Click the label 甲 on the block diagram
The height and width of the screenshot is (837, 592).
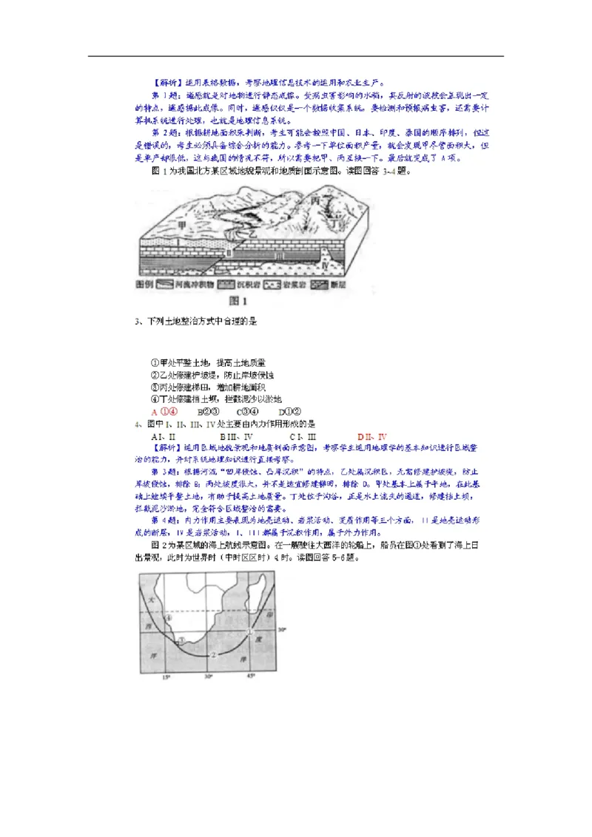(182, 224)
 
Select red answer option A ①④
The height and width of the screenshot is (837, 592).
(164, 412)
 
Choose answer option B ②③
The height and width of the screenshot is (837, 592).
(207, 412)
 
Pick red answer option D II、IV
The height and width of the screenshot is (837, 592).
(372, 436)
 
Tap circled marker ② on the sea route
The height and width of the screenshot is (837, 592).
(213, 654)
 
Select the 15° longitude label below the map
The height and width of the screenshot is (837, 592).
(166, 677)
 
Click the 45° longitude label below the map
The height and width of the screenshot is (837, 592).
(251, 677)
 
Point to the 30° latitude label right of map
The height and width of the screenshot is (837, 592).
(280, 630)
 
